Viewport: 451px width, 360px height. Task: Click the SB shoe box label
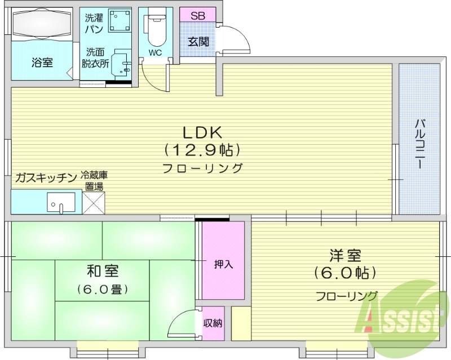[197, 16]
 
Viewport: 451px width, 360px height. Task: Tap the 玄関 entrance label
[197, 42]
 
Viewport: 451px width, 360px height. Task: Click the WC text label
[155, 53]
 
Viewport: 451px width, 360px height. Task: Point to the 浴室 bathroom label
[42, 63]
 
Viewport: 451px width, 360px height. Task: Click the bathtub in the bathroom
[42, 25]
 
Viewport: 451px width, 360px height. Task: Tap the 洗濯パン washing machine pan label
[94, 23]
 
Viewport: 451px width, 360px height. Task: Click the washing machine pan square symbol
[120, 22]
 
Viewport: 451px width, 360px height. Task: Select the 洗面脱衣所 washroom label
[95, 59]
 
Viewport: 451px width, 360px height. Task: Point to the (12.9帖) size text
[203, 150]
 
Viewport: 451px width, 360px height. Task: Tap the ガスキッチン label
[46, 178]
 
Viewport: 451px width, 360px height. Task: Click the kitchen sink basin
[61, 201]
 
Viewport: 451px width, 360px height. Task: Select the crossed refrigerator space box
[94, 202]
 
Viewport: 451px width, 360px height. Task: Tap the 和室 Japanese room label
[103, 271]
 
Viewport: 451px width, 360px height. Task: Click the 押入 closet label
[223, 264]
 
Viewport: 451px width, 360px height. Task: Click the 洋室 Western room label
[346, 255]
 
